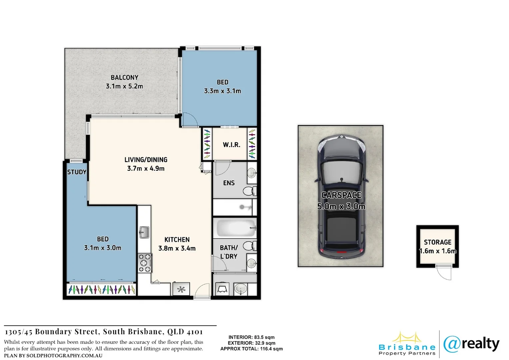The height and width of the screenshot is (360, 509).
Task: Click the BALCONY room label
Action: [x=124, y=77]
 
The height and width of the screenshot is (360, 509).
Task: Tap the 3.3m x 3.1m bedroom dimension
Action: [x=222, y=91]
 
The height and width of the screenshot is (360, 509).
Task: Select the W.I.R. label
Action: [x=232, y=145]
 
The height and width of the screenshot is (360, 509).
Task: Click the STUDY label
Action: [x=77, y=172]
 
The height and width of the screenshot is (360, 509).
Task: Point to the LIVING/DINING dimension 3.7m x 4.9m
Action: [x=146, y=169]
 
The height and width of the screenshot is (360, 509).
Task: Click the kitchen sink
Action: [x=144, y=232]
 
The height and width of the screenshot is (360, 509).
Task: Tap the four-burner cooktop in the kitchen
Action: [x=145, y=263]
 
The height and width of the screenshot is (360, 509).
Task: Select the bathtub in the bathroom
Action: [x=235, y=228]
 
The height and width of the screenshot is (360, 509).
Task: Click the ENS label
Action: [x=229, y=183]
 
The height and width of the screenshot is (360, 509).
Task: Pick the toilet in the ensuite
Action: [x=249, y=191]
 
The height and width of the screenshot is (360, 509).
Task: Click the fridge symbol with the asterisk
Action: [x=181, y=289]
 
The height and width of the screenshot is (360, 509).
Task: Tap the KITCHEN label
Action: [x=177, y=240]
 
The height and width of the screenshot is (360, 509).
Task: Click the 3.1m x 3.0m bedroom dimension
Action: [x=103, y=248]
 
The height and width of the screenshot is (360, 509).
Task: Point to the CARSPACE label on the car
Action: [x=341, y=195]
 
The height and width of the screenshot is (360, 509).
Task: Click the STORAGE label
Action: [x=437, y=242]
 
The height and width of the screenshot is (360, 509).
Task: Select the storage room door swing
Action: [x=444, y=272]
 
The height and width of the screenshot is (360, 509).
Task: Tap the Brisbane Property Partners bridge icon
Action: [x=406, y=338]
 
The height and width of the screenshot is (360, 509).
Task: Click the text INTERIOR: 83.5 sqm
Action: [x=252, y=337]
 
